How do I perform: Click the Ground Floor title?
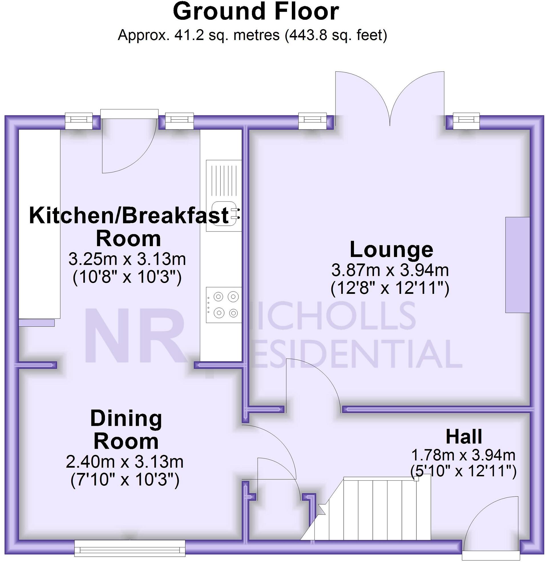point(256,12)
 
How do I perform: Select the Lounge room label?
point(391,250)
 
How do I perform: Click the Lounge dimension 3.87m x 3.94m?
point(390,270)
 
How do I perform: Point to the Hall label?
point(464,437)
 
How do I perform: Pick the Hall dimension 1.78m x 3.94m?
point(463,455)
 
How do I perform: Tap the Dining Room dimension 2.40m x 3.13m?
point(125,462)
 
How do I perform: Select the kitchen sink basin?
point(224,214)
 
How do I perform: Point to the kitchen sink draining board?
point(224,179)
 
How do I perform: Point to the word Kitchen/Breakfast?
point(129,216)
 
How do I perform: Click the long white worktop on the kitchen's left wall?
point(39,224)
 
